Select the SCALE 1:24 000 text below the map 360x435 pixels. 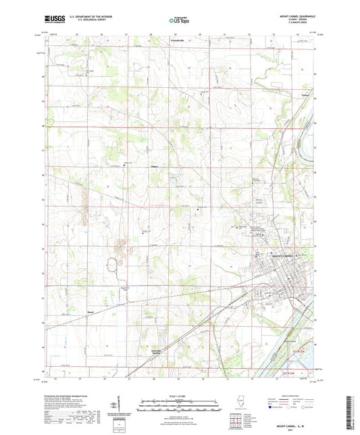(179, 396)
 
